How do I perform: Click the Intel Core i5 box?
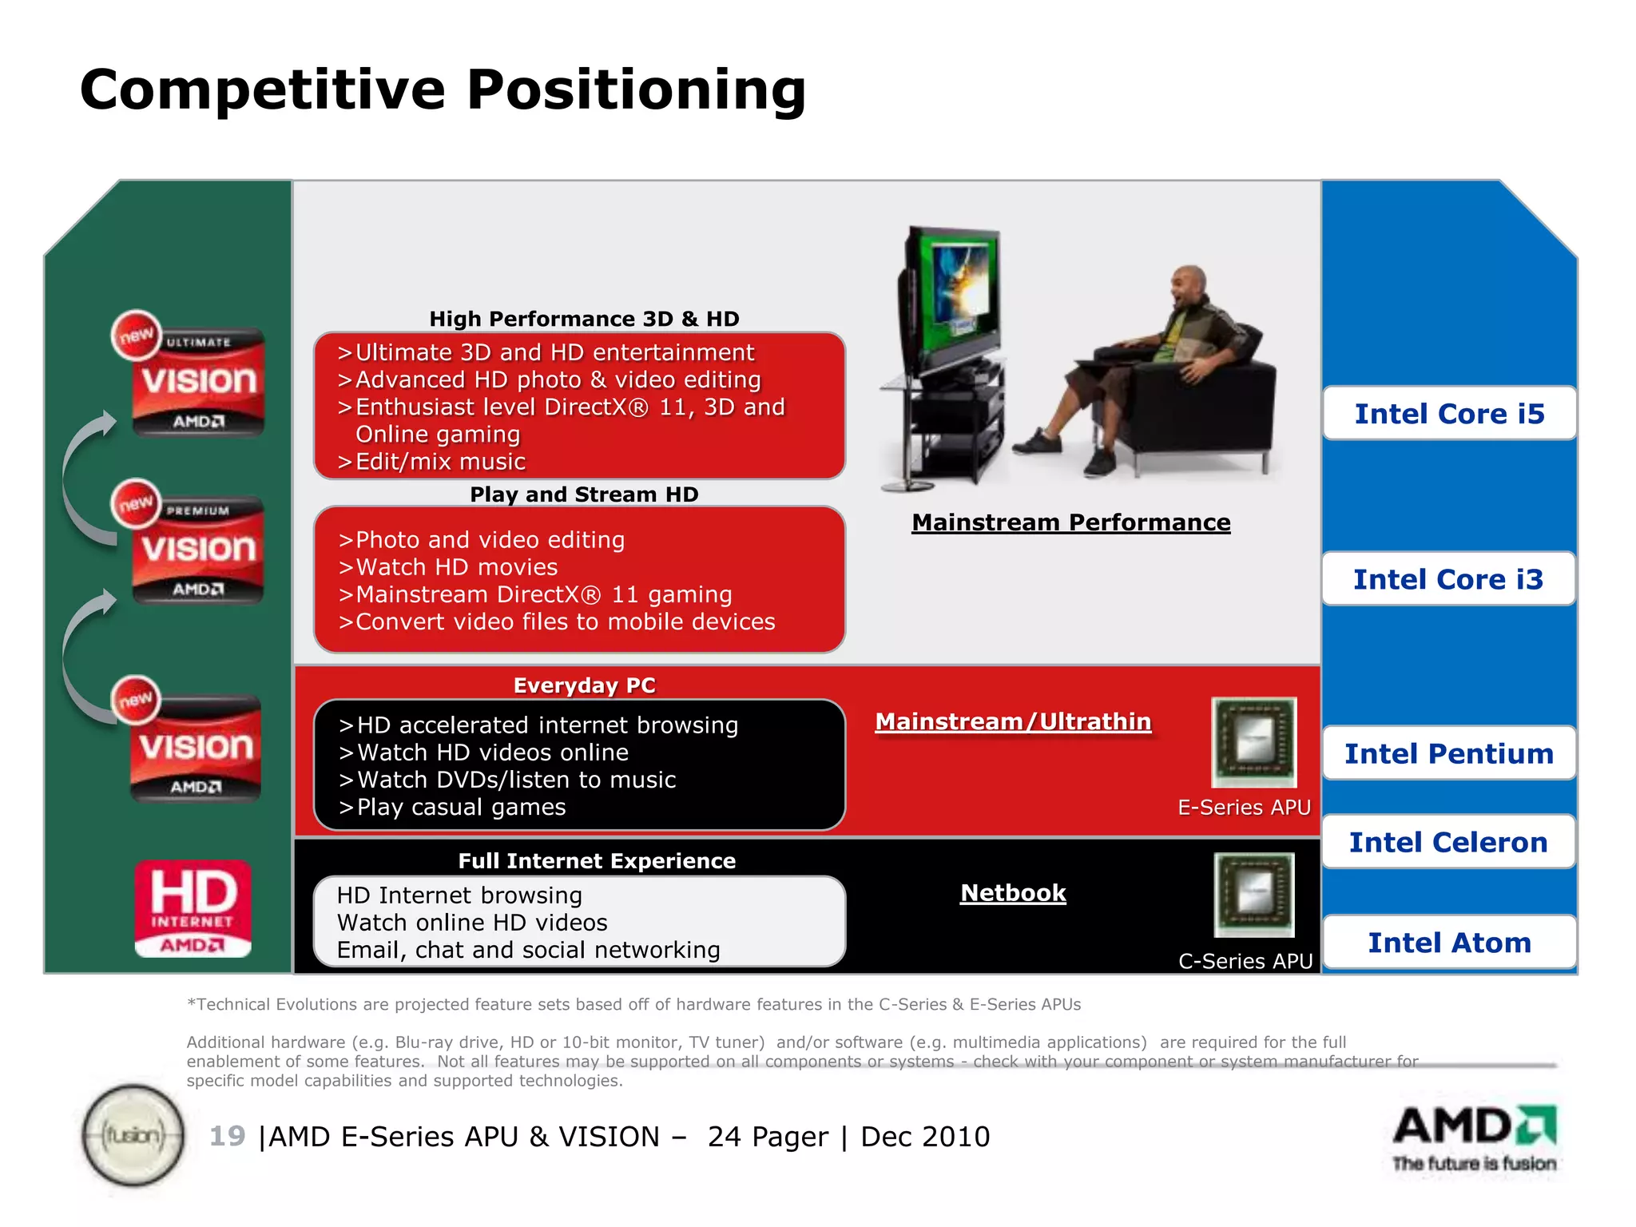pyautogui.click(x=1449, y=414)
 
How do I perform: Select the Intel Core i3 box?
pyautogui.click(x=1448, y=579)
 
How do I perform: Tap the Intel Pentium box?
pyautogui.click(x=1449, y=753)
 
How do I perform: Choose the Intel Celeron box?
pyautogui.click(x=1448, y=842)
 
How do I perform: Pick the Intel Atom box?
pyautogui.click(x=1449, y=943)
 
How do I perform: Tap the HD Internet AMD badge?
pyautogui.click(x=193, y=909)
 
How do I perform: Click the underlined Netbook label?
pyautogui.click(x=1013, y=893)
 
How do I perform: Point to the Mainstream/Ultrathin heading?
pyautogui.click(x=1013, y=721)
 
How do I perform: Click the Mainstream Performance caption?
pyautogui.click(x=1070, y=522)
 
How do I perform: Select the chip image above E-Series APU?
pyautogui.click(x=1253, y=742)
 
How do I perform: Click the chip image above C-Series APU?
pyautogui.click(x=1253, y=895)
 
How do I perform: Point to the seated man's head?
pyautogui.click(x=1190, y=288)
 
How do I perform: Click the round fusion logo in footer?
pyautogui.click(x=133, y=1135)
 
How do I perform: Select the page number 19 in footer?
pyautogui.click(x=227, y=1136)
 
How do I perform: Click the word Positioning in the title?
pyautogui.click(x=636, y=89)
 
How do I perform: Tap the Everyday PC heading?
pyautogui.click(x=584, y=685)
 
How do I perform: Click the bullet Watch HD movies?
pyautogui.click(x=456, y=567)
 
